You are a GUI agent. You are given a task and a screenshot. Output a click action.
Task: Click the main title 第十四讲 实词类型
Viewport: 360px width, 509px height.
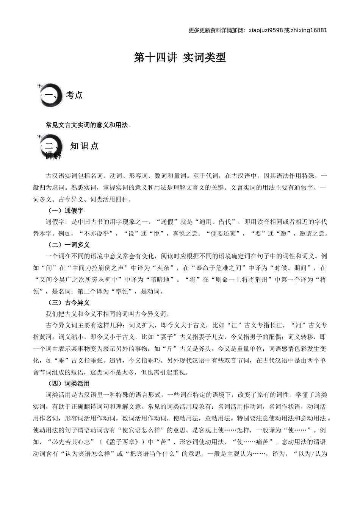point(180,58)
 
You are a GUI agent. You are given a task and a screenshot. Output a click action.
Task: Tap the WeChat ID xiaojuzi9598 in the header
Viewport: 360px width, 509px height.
point(266,30)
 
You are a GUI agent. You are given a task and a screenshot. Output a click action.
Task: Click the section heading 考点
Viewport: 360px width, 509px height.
point(74,95)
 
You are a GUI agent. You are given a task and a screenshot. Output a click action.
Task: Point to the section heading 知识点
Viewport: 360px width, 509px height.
point(84,146)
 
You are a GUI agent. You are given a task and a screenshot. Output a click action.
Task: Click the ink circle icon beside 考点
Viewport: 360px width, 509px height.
point(50,95)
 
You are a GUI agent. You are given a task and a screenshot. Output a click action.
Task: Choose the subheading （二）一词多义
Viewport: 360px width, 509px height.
point(68,245)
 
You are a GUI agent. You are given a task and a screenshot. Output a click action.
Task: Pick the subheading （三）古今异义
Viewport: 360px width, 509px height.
point(68,303)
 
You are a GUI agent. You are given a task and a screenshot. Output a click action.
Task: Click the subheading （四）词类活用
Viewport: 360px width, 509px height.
point(68,384)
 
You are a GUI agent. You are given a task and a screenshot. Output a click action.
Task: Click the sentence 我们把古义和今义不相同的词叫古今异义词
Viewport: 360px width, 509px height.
point(108,314)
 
